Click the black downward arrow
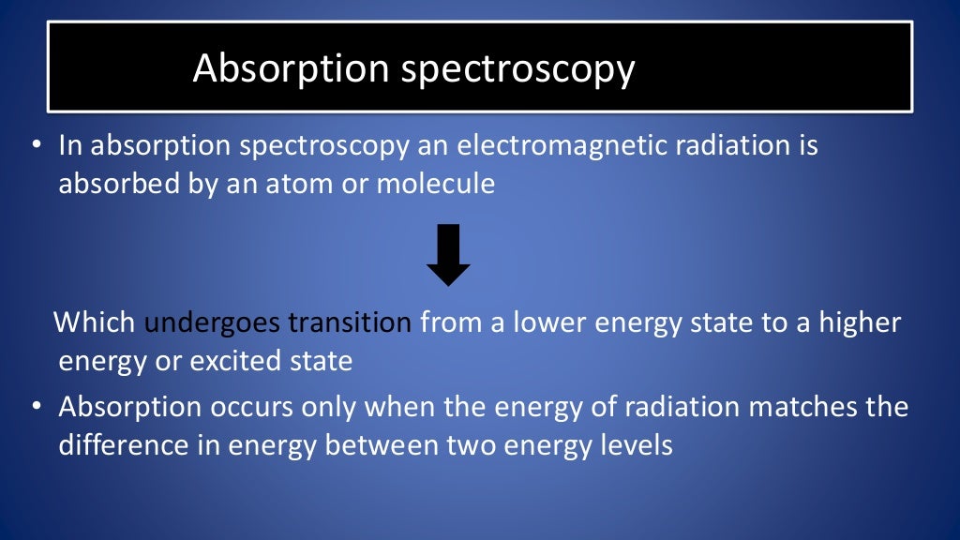448,254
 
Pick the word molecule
435,183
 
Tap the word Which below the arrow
96,323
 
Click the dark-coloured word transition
350,323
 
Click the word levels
640,444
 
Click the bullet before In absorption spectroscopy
36,147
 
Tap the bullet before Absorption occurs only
36,409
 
